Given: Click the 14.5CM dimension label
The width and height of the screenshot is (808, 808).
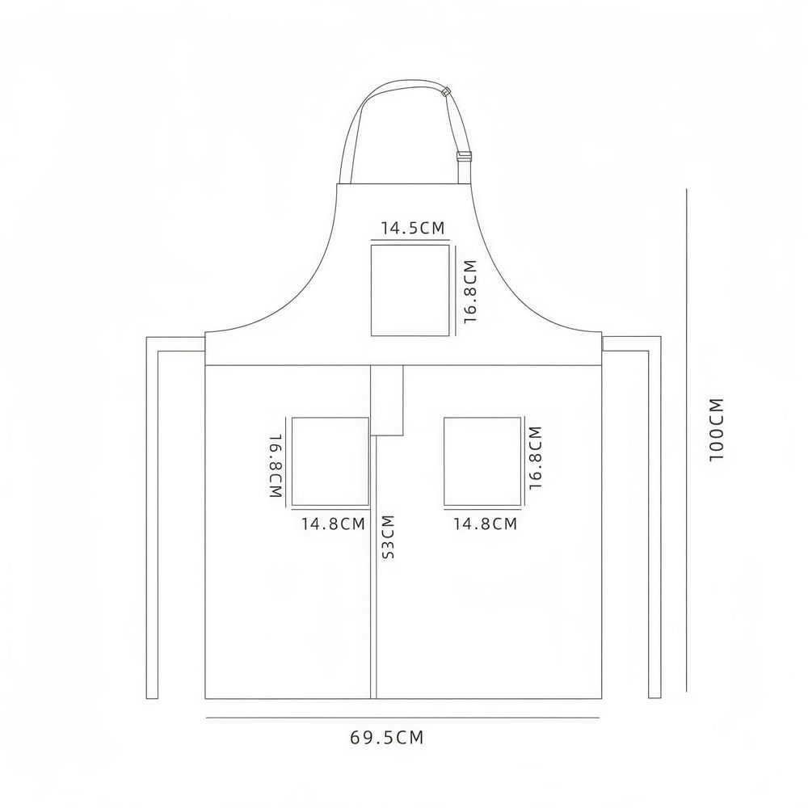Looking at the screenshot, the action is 412,228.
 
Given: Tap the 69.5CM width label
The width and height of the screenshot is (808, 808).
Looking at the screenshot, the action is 386,738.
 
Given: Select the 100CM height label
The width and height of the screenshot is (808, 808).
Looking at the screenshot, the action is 717,430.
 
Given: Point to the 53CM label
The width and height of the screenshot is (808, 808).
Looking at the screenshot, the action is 388,537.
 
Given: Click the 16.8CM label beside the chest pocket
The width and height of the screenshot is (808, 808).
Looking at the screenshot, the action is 470,291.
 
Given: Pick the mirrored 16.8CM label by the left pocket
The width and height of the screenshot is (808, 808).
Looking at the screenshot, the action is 276,465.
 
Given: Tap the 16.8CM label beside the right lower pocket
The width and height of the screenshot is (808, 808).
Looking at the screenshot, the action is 536,457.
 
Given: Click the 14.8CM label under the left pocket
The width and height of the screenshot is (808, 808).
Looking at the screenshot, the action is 333,524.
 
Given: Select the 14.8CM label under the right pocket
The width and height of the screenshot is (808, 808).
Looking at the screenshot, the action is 485,524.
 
